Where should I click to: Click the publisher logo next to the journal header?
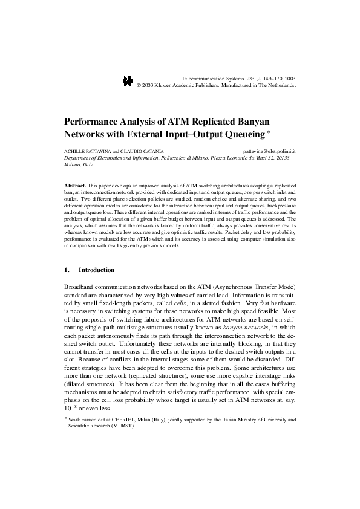[x=127, y=82]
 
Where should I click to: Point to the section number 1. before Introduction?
[x=67, y=270]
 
